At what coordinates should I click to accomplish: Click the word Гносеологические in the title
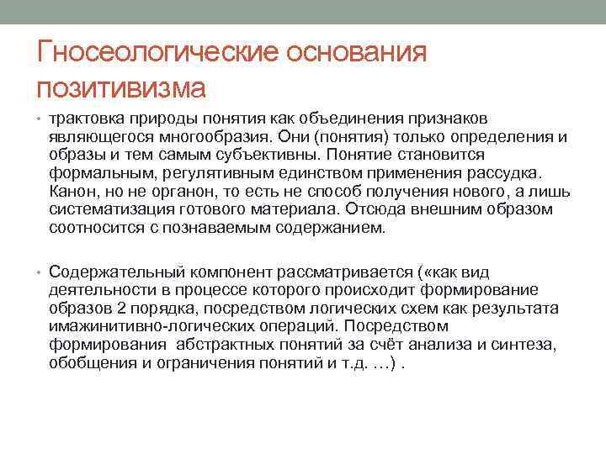click(x=157, y=53)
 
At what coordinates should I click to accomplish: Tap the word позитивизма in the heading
click(x=121, y=86)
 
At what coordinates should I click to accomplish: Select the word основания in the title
click(x=359, y=53)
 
